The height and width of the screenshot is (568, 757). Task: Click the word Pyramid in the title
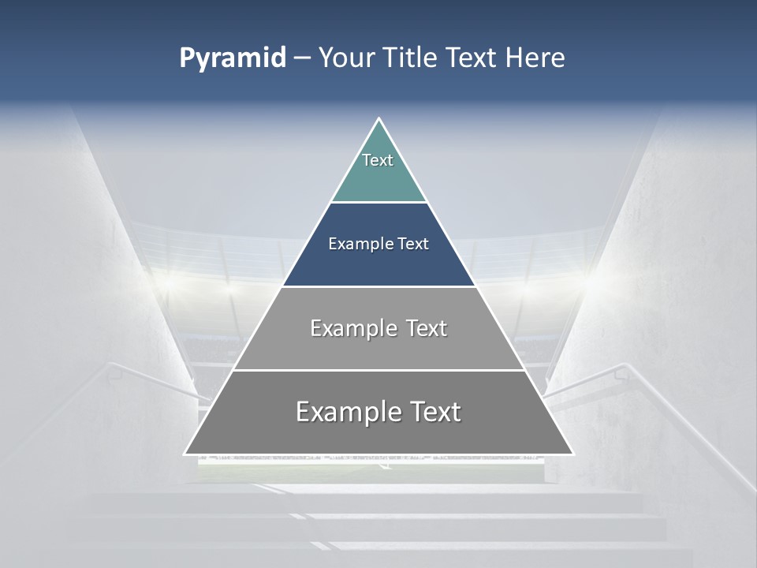click(x=233, y=58)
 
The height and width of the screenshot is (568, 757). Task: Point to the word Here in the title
click(x=535, y=58)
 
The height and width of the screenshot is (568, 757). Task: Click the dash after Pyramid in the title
click(x=302, y=58)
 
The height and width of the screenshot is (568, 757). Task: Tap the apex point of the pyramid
click(x=379, y=120)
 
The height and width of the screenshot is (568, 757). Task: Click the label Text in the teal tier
click(x=378, y=160)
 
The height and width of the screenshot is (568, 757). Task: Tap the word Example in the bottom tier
click(x=347, y=412)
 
